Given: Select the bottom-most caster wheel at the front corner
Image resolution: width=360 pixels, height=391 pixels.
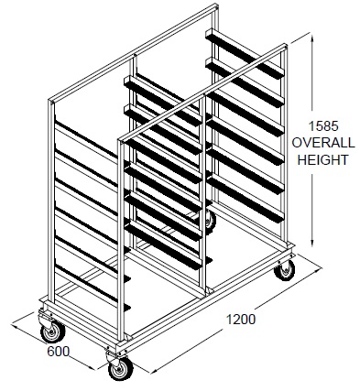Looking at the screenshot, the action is (120, 366).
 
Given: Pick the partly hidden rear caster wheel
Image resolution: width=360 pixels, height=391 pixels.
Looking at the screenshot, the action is (211, 220).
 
